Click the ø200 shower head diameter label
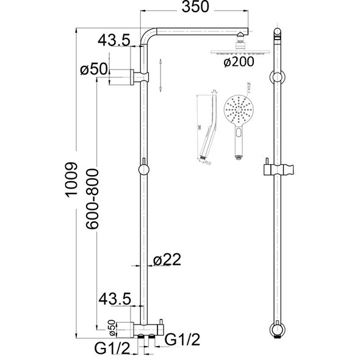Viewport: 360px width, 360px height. pyautogui.click(x=236, y=63)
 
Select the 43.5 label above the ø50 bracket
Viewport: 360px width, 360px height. pyautogui.click(x=113, y=41)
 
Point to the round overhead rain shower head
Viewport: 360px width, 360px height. pyautogui.click(x=235, y=52)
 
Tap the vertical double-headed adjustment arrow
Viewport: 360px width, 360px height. pyautogui.click(x=160, y=76)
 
